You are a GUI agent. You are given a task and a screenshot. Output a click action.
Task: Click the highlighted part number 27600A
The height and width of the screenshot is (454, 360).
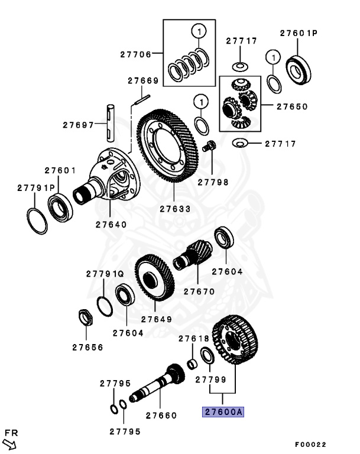223,413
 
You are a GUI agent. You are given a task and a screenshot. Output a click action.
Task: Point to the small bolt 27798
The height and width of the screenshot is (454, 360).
208,145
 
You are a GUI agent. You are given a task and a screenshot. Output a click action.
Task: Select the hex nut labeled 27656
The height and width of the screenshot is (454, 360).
86,318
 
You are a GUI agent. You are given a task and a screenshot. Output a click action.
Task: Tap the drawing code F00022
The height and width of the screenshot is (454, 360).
310,445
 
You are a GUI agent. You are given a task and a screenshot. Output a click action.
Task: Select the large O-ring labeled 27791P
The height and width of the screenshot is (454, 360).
37,220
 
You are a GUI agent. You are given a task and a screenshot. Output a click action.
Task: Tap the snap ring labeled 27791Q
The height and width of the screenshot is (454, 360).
104,306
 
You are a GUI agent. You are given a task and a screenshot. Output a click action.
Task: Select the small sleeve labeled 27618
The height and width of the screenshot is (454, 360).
192,362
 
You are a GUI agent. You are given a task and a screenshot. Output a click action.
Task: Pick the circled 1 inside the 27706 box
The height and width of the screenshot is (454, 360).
199,31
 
